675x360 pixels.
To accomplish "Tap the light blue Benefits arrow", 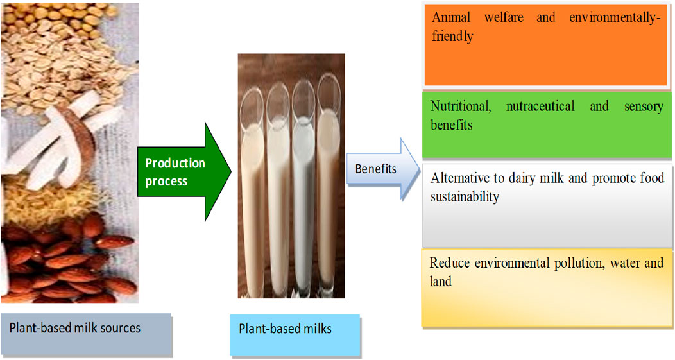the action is pos(383,169).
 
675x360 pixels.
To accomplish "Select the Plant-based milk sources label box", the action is pos(86,334).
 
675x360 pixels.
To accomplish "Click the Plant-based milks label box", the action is pos(295,335).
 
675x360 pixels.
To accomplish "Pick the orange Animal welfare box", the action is pos(545,45).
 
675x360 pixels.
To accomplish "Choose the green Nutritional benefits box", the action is pos(547,125).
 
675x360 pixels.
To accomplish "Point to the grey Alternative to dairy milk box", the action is pos(547,205).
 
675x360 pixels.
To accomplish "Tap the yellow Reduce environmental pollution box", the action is pos(547,287).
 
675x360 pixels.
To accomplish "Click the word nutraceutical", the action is pos(540,107).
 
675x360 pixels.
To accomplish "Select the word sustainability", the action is pos(465,197).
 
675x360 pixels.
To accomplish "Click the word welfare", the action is pos(504,17).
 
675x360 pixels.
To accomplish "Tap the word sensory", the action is pos(644,107).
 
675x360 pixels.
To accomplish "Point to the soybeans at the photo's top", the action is pos(65,15).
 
